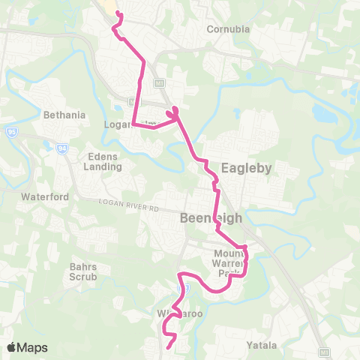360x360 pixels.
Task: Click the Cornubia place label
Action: pyautogui.click(x=227, y=30)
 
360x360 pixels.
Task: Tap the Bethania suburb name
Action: pyautogui.click(x=64, y=115)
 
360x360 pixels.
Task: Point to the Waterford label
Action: pyautogui.click(x=45, y=196)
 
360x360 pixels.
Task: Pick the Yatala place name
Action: pyautogui.click(x=263, y=345)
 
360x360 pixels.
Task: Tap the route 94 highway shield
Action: pyautogui.click(x=61, y=148)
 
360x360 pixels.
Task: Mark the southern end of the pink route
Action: pyautogui.click(x=166, y=349)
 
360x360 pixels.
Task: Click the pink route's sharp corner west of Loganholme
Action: pyautogui.click(x=134, y=123)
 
